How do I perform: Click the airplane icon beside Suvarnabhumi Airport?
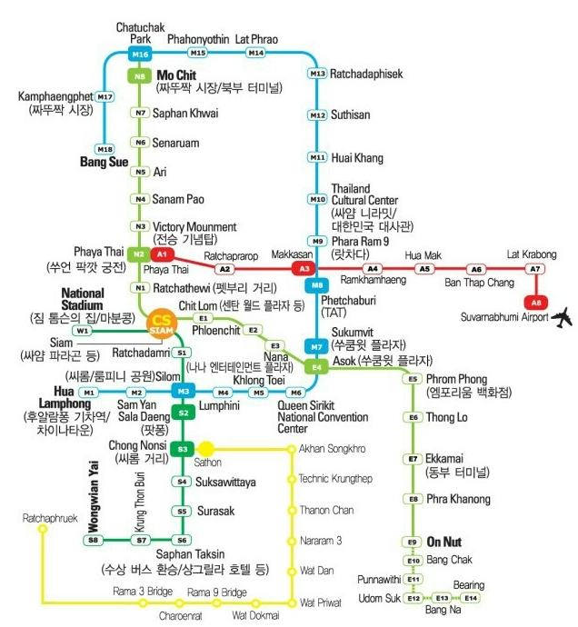[564, 317]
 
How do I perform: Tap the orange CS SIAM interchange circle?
[162, 323]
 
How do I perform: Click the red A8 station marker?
[536, 302]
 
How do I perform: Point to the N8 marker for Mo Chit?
[140, 77]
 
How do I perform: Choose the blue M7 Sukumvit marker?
[316, 346]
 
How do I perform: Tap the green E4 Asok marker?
[316, 366]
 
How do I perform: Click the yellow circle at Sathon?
[207, 448]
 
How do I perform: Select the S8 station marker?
[93, 540]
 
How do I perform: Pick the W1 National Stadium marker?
[83, 331]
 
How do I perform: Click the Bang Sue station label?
[105, 163]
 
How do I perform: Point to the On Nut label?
[445, 540]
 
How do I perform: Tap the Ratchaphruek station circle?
[42, 528]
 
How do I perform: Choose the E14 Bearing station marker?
[470, 598]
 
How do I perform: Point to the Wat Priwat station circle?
[292, 602]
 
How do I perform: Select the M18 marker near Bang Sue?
[105, 149]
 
